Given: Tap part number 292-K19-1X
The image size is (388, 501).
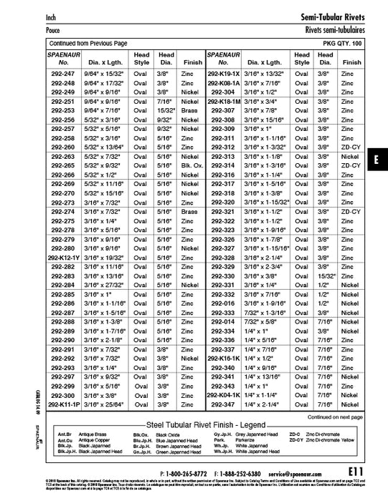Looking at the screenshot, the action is [x=224, y=74].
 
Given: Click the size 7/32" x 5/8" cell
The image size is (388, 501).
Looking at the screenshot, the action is [x=264, y=321].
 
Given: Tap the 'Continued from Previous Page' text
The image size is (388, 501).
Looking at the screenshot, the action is [x=87, y=44].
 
